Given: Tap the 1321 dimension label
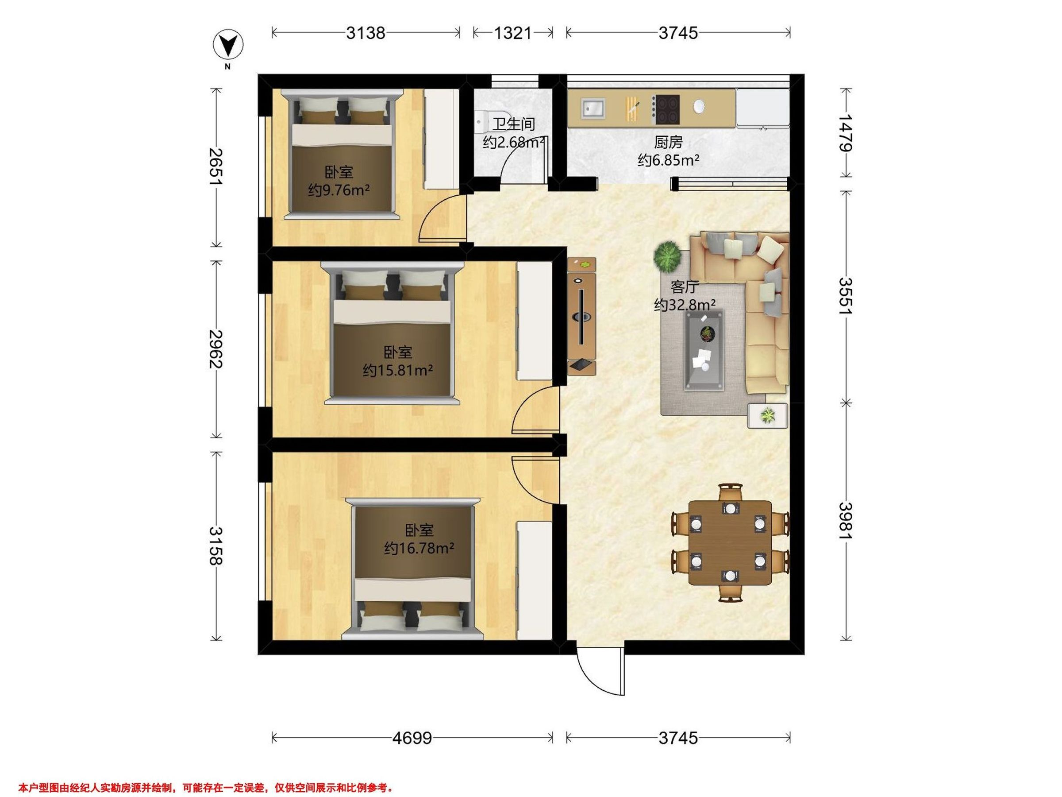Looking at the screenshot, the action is pos(512,33).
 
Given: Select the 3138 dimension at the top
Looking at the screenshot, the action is pos(366,33).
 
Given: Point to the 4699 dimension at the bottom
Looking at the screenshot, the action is pos(412,737).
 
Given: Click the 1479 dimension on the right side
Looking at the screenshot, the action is pos(846,133).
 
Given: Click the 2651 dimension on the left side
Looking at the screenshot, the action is pos(215,166).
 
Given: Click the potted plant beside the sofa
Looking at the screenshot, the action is pos(667,255).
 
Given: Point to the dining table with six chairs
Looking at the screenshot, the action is pos(730,543).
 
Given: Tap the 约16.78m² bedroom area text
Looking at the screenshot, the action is pos(419,548).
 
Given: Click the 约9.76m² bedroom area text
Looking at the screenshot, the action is pos(339,191).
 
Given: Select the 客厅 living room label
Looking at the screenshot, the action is pos(684,287).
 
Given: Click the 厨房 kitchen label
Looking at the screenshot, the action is pos(668,142).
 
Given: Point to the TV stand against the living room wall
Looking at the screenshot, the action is pos(582,316).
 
